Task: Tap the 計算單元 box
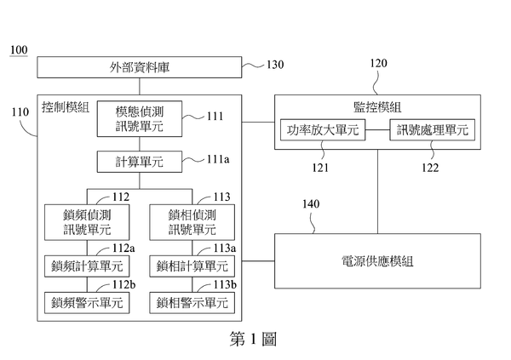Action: [x=140, y=160]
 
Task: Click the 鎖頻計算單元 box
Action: [x=86, y=265]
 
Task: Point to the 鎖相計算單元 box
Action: [x=192, y=265]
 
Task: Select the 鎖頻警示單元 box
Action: [x=86, y=301]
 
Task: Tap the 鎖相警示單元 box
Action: [x=192, y=301]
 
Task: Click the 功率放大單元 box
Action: [x=322, y=131]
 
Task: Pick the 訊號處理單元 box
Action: [x=432, y=131]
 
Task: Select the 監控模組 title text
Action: [x=377, y=107]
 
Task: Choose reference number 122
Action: [x=430, y=168]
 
